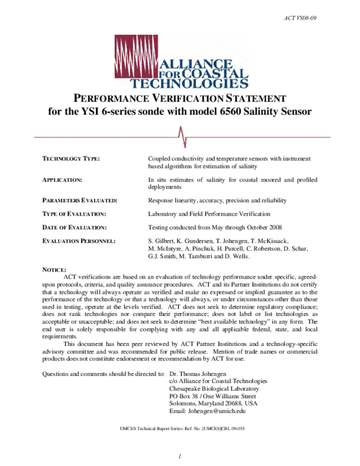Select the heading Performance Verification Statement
[x=180, y=98]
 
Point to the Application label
[x=62, y=180]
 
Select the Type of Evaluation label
[x=73, y=214]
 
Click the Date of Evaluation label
[x=73, y=228]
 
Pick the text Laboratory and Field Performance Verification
[x=209, y=214]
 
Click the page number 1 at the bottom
[x=179, y=458]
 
